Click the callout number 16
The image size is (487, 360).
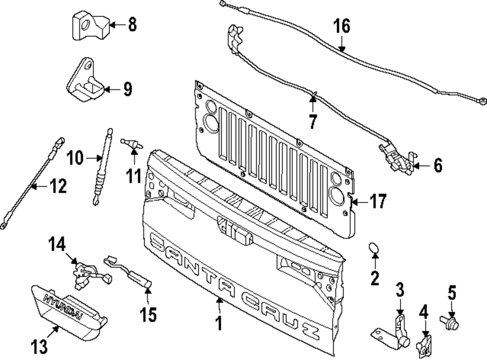point(342,26)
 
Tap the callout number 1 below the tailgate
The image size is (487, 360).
point(219,323)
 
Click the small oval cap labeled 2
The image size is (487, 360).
point(374,249)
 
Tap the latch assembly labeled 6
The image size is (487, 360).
point(397,158)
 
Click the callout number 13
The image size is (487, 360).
point(40,347)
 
